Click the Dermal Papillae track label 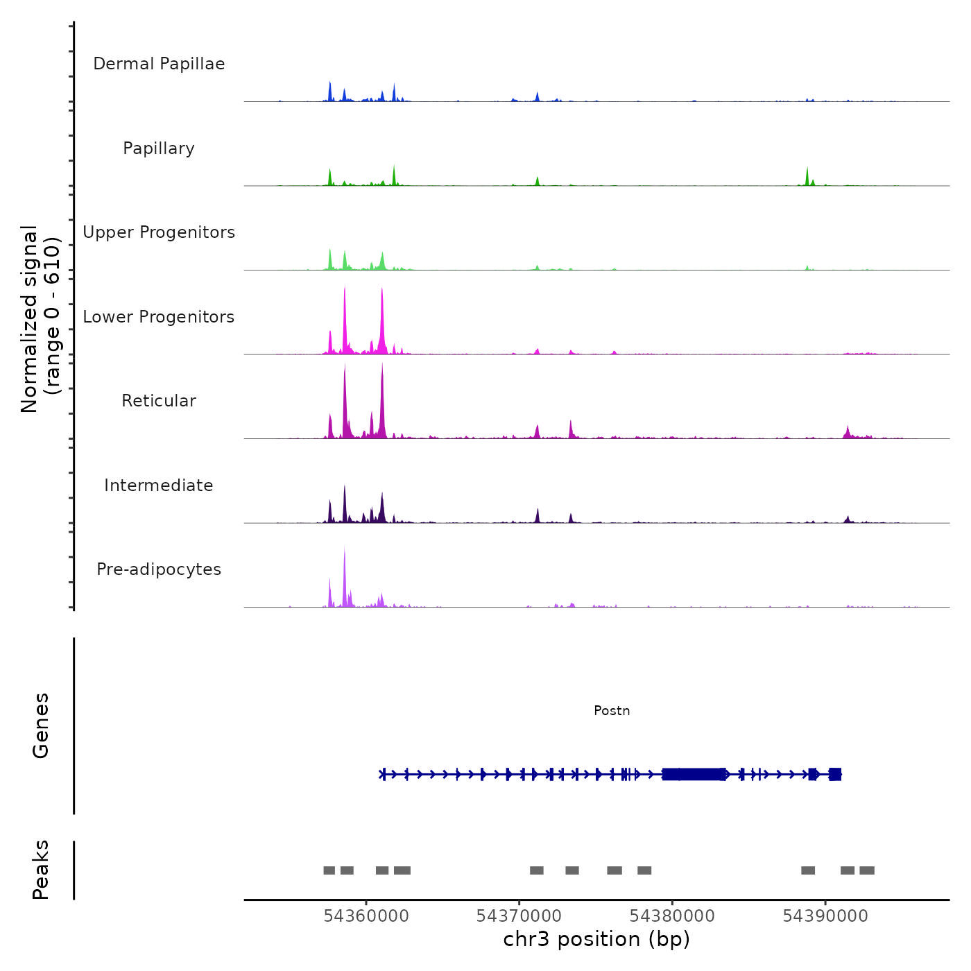pyautogui.click(x=159, y=64)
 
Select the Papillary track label pyautogui.click(x=159, y=148)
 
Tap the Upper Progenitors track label pyautogui.click(x=159, y=232)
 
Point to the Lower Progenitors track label pyautogui.click(x=159, y=317)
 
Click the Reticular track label pyautogui.click(x=159, y=401)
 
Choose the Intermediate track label pyautogui.click(x=159, y=486)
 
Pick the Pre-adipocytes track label pyautogui.click(x=159, y=569)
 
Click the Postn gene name pyautogui.click(x=612, y=711)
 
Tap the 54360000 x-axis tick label pyautogui.click(x=366, y=916)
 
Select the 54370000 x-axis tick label pyautogui.click(x=519, y=916)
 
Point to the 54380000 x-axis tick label pyautogui.click(x=672, y=916)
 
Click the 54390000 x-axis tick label pyautogui.click(x=825, y=916)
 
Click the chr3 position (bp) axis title pyautogui.click(x=596, y=939)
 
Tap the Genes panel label pyautogui.click(x=41, y=725)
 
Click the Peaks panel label pyautogui.click(x=41, y=870)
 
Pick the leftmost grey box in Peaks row pyautogui.click(x=329, y=870)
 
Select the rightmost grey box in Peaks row pyautogui.click(x=867, y=870)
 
